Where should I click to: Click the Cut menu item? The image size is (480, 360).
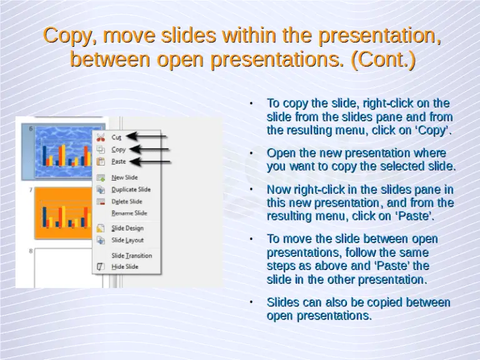point(117,137)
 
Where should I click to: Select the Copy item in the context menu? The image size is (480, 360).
point(119,149)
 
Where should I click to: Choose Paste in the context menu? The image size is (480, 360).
point(119,161)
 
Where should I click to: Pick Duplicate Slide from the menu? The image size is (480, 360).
point(131,189)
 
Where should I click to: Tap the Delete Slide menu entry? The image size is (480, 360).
point(127,201)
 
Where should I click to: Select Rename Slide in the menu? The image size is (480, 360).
point(129,213)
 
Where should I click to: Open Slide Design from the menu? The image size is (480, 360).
point(127,228)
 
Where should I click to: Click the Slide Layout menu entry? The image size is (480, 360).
point(127,240)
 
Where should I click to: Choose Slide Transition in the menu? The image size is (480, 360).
point(131,255)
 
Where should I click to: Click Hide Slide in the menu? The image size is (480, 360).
point(125,267)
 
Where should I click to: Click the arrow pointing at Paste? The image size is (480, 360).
point(150,161)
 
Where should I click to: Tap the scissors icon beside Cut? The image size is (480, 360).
point(101,137)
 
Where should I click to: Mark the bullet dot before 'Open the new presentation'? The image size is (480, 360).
point(250,152)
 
